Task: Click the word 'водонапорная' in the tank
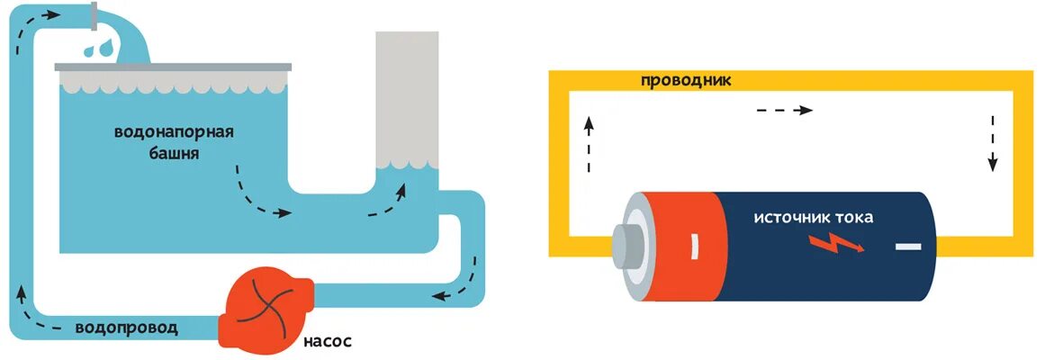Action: coord(174,133)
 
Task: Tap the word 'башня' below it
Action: coord(173,154)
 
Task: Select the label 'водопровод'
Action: coord(127,328)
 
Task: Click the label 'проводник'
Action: coord(686,80)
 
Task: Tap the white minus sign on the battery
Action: coord(908,246)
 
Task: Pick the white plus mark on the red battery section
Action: coord(694,245)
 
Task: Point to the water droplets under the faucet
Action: coord(98,47)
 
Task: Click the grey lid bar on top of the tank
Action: coord(174,67)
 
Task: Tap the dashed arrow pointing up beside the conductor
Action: coord(590,143)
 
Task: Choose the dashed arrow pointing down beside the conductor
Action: coord(993,143)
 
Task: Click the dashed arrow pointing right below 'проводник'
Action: coord(783,110)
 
